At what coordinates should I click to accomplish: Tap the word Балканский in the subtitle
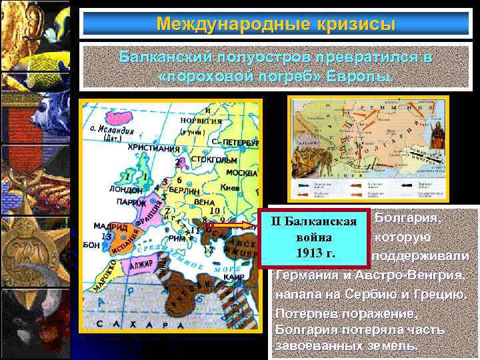pos(163,57)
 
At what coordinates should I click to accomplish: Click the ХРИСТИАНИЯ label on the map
pos(153,147)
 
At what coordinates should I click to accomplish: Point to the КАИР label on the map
pos(233,275)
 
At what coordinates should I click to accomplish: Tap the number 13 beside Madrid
pos(105,236)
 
